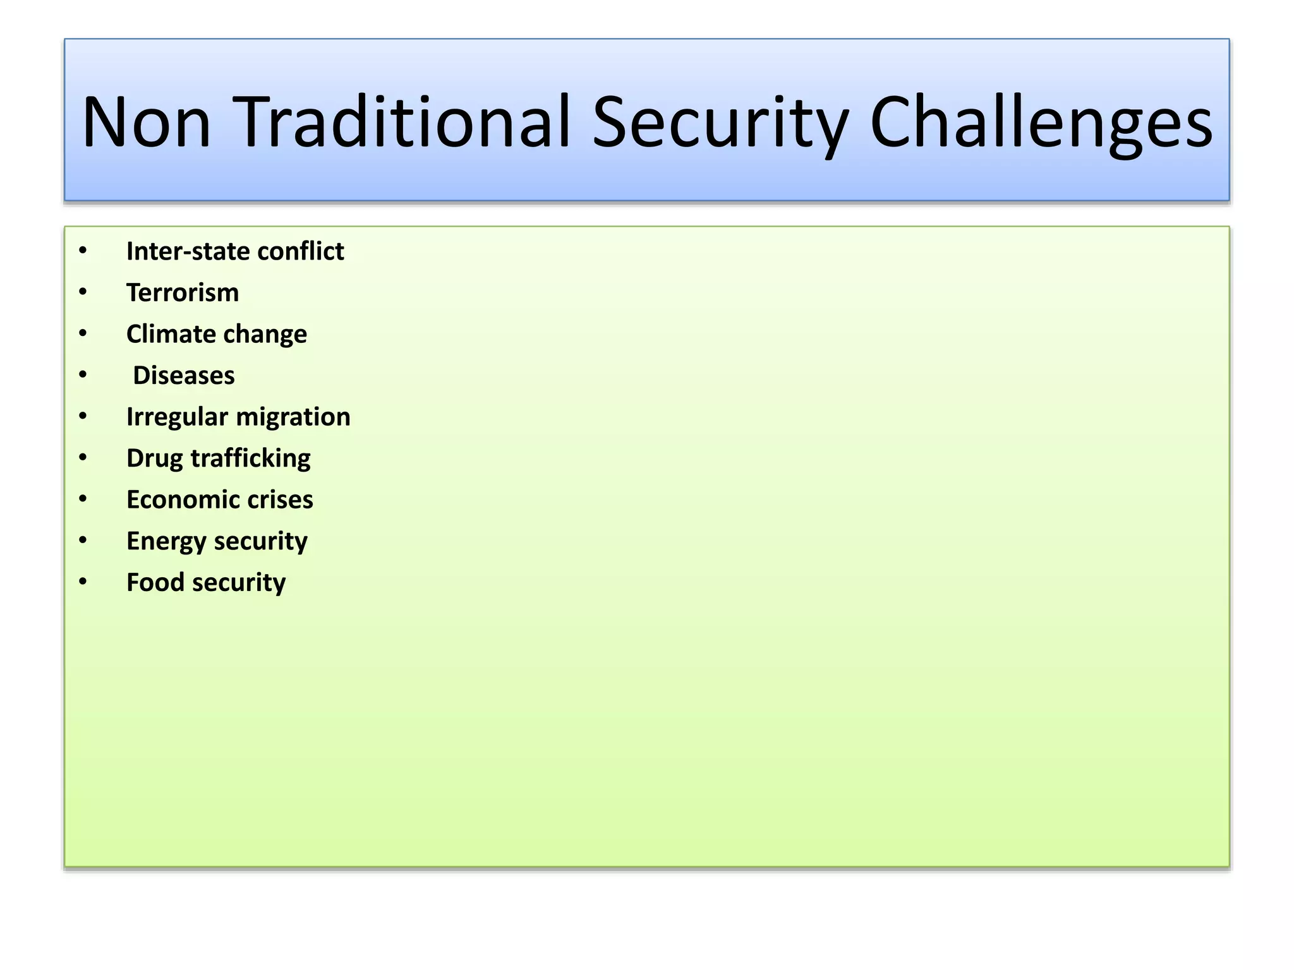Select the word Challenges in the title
[x=1041, y=123]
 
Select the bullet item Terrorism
[x=183, y=293]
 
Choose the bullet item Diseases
[x=184, y=376]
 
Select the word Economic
[x=176, y=500]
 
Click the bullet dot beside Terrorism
[x=83, y=292]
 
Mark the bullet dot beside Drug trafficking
[x=83, y=458]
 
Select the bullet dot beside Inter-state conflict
[x=83, y=251]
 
